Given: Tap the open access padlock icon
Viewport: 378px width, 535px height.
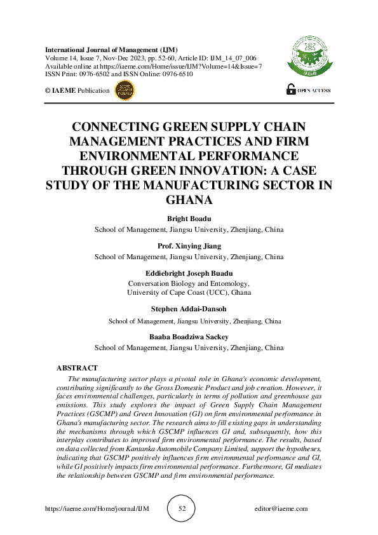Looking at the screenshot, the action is click(291, 90).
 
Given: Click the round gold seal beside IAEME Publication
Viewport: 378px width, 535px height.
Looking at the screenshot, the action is click(124, 90).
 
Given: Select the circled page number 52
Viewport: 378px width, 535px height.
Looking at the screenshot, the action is click(182, 508).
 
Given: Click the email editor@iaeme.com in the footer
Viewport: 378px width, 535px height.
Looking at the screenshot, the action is click(280, 508).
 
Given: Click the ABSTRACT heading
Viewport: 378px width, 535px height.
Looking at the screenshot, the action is click(77, 368).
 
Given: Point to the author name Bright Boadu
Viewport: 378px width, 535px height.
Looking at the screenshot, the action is click(189, 219).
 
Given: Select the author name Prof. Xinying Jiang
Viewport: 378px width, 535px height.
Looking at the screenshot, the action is click(189, 246).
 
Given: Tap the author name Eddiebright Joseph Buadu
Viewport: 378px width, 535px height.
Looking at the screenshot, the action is click(189, 273).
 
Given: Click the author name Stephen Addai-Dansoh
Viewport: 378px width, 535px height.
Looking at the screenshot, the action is click(189, 311).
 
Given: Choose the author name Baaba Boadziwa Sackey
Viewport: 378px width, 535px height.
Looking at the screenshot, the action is click(189, 337).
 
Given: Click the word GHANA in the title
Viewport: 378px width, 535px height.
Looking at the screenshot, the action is click(189, 199).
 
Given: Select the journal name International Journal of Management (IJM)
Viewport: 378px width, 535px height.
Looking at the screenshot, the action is click(111, 50).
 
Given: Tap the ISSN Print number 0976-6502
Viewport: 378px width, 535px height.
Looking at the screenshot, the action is click(94, 73).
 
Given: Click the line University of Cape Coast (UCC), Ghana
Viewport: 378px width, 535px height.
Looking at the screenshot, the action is click(189, 293).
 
